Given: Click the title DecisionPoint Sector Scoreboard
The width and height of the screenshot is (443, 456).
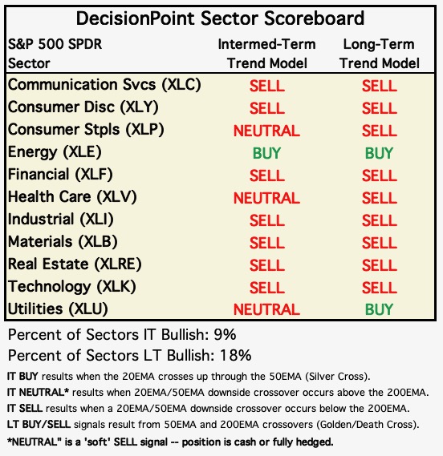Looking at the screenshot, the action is click(x=220, y=18).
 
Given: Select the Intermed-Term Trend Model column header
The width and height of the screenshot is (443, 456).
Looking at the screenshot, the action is click(x=266, y=54).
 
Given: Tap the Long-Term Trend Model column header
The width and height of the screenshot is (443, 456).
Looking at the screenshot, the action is click(x=380, y=54).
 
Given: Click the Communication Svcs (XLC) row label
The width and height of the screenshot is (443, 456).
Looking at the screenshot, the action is click(x=104, y=85).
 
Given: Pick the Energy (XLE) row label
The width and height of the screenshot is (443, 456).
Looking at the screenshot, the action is click(x=55, y=152).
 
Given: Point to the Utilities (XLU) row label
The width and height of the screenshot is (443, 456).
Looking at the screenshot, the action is click(x=58, y=309).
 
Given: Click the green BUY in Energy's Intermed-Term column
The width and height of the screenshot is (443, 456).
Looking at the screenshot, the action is click(x=266, y=153).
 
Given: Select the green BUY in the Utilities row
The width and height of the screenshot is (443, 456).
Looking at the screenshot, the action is click(x=379, y=309).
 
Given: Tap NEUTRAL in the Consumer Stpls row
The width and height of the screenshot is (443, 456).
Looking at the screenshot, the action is click(x=266, y=131).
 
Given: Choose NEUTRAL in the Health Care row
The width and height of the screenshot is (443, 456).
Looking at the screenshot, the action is click(x=266, y=198).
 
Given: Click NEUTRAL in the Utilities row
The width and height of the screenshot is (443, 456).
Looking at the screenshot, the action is click(x=266, y=309).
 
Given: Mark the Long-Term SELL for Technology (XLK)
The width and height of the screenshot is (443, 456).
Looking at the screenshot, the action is click(x=380, y=288).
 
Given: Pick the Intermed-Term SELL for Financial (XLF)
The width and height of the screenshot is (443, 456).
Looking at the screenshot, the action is click(x=266, y=176).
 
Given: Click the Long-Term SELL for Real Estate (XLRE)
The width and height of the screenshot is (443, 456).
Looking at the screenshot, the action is click(x=380, y=265).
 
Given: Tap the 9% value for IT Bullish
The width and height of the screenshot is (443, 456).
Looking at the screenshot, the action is click(x=225, y=335).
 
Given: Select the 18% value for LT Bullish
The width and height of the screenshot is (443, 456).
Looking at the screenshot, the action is click(x=236, y=355).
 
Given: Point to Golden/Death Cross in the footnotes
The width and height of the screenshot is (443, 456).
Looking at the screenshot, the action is click(x=365, y=425).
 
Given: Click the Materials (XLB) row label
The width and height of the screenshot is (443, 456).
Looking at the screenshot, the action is click(x=63, y=242).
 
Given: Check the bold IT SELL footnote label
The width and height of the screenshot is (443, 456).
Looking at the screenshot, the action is click(x=25, y=409).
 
